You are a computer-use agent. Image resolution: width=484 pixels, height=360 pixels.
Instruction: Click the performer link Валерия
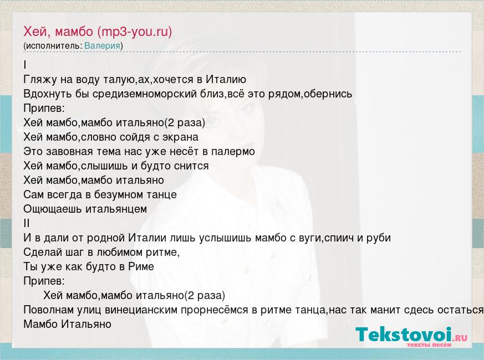[102, 45]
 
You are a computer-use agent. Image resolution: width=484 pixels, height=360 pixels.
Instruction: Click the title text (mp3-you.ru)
[135, 32]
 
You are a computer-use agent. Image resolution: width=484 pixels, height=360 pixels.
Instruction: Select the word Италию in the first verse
[226, 80]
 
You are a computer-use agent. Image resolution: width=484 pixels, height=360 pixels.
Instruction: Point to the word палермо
[233, 151]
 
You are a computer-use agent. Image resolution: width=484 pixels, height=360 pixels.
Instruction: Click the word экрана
[180, 137]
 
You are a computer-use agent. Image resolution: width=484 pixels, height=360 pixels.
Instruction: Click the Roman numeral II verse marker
[26, 223]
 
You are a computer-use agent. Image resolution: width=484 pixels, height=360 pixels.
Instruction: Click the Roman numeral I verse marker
[25, 65]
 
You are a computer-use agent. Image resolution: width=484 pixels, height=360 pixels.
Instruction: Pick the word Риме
[141, 266]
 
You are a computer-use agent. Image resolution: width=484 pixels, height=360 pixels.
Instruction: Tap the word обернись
[328, 94]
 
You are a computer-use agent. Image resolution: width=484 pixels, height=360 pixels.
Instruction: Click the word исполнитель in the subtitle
[53, 45]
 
